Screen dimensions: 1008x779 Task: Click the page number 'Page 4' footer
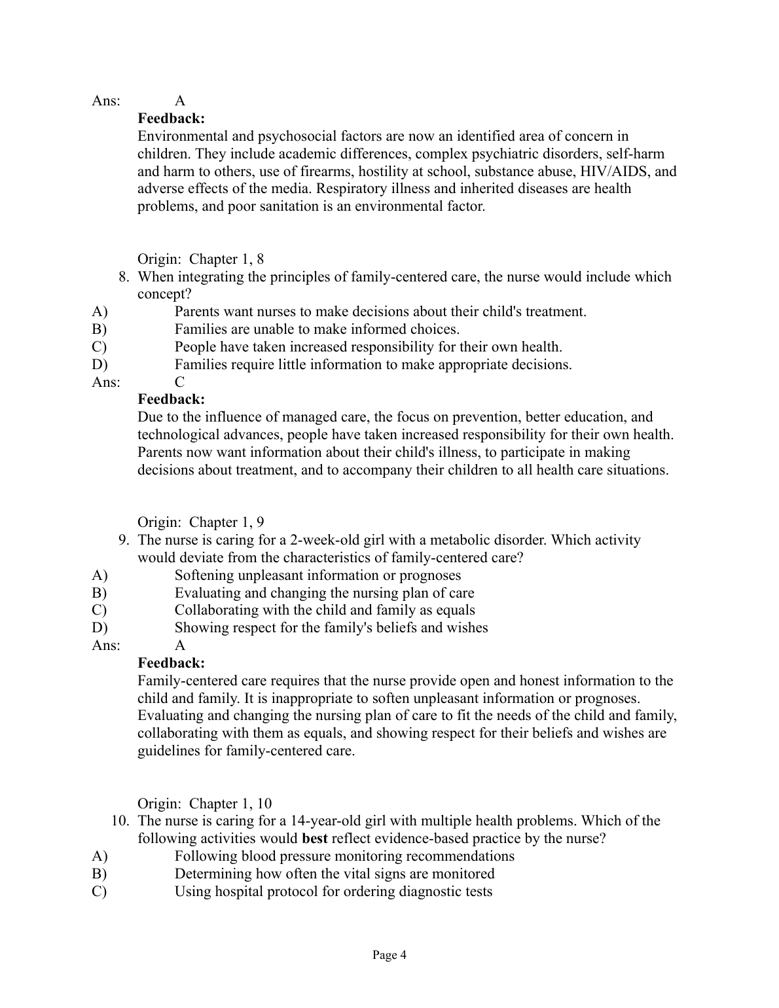click(x=389, y=955)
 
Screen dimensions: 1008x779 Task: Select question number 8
click(x=125, y=277)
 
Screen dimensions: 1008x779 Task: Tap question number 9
click(x=125, y=540)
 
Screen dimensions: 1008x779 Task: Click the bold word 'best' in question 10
click(x=315, y=838)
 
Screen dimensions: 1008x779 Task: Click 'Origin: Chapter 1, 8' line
click(x=201, y=259)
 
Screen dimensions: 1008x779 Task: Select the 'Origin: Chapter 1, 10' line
click(x=204, y=803)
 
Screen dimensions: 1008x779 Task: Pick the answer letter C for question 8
click(x=180, y=382)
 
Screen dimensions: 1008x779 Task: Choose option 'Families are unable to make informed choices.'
click(x=317, y=329)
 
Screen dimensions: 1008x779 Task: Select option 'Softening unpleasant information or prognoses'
click(x=317, y=575)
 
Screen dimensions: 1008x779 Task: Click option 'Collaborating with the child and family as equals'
click(x=325, y=610)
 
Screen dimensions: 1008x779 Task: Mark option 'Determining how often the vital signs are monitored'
click(x=335, y=874)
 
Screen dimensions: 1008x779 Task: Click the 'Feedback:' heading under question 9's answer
click(x=172, y=663)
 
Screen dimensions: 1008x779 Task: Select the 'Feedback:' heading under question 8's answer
click(x=172, y=399)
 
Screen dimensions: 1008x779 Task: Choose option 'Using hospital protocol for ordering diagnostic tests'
click(x=333, y=891)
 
